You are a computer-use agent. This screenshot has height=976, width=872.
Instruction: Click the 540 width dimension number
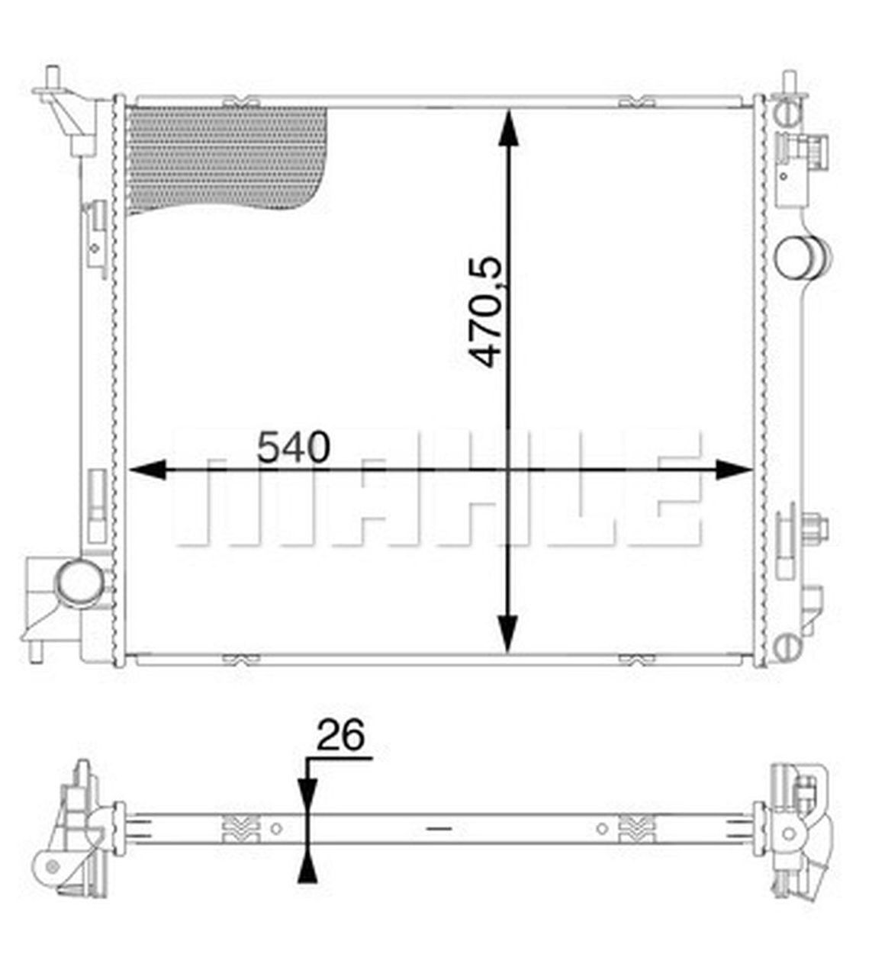pos(294,448)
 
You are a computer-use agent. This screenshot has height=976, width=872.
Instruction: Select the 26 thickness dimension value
pos(340,736)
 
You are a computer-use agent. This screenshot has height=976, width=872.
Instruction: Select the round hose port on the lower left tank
pos(78,581)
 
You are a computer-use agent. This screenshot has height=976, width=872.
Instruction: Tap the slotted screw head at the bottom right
pos(787,648)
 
